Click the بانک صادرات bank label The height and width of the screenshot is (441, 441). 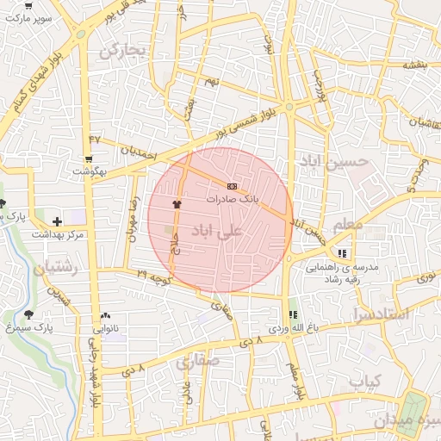pyautogui.click(x=231, y=198)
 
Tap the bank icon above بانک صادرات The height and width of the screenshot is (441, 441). pyautogui.click(x=231, y=186)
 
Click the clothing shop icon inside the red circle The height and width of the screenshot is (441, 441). pyautogui.click(x=178, y=203)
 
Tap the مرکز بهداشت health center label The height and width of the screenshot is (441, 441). pyautogui.click(x=57, y=234)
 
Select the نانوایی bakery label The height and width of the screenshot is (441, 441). pyautogui.click(x=106, y=328)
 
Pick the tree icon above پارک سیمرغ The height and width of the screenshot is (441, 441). pyautogui.click(x=32, y=315)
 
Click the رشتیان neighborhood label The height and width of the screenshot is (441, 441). pyautogui.click(x=57, y=269)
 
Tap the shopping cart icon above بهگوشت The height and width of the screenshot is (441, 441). pyautogui.click(x=89, y=160)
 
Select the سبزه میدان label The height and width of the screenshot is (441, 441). pyautogui.click(x=410, y=422)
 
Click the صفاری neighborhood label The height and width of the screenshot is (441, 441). pyautogui.click(x=199, y=362)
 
